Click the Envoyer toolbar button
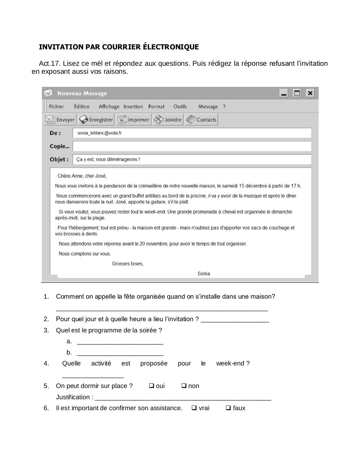(x=60, y=120)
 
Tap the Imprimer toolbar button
(x=133, y=120)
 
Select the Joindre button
(x=168, y=120)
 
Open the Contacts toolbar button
(x=201, y=120)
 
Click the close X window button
(x=310, y=93)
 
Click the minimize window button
(x=284, y=93)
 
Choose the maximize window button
(x=297, y=93)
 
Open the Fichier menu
(x=56, y=106)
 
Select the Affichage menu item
(x=109, y=106)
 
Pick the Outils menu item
(x=180, y=106)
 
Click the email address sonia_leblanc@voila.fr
(x=99, y=133)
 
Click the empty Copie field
(x=192, y=146)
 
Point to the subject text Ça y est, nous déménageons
(x=108, y=159)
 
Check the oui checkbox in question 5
(x=152, y=386)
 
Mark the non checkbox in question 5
(x=184, y=386)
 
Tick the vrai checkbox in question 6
(x=194, y=408)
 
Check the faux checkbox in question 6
(x=228, y=408)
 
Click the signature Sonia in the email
(x=204, y=274)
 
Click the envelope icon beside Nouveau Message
(x=48, y=93)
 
